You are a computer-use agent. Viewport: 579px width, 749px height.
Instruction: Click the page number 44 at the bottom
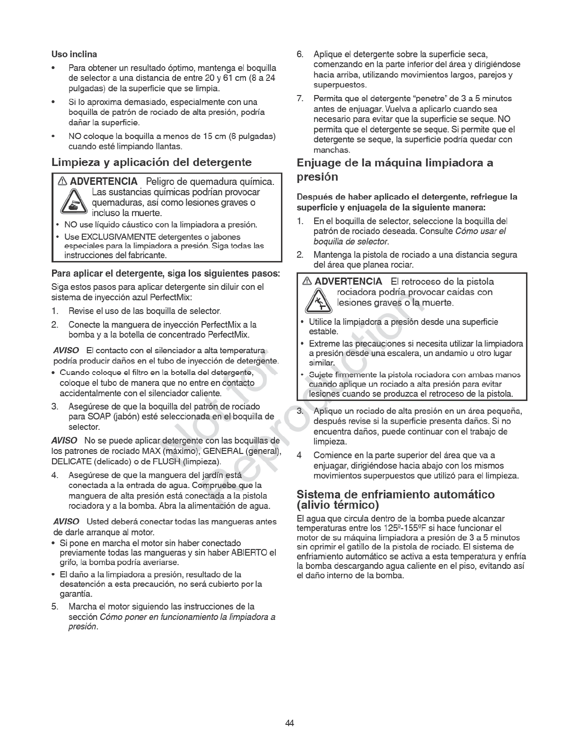coord(289,723)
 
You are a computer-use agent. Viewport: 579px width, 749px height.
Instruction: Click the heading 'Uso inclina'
coord(74,54)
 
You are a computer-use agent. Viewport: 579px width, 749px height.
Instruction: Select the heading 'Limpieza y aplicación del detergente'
coord(151,163)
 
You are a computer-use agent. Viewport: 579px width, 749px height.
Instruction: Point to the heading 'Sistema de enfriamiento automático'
coord(395,495)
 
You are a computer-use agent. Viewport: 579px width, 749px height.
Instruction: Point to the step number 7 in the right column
coord(300,98)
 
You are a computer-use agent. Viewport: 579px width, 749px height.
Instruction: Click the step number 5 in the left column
coord(55,607)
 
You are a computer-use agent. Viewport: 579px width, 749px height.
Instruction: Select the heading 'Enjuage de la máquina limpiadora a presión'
coord(395,170)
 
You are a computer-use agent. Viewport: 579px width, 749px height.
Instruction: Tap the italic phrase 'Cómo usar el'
coord(480,232)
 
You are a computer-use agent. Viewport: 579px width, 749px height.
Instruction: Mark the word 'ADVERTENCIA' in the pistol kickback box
coord(348,282)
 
